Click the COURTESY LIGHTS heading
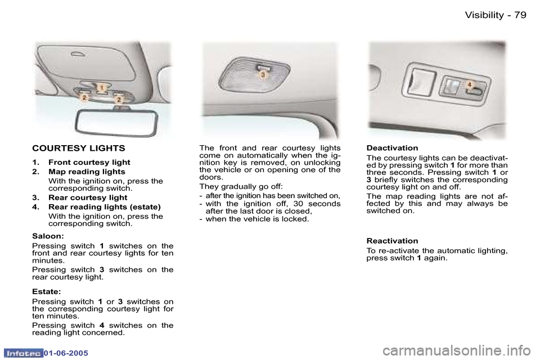(79, 148)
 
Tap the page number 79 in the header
(520, 15)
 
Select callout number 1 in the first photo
(102, 87)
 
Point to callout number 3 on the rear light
(262, 74)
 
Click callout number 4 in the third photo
(469, 84)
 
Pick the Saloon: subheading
(47, 237)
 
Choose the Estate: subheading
(47, 292)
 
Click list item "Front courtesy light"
(89, 163)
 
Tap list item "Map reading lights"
(87, 172)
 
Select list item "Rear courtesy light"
(88, 198)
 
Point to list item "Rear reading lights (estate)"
(105, 207)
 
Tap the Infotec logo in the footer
(22, 353)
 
